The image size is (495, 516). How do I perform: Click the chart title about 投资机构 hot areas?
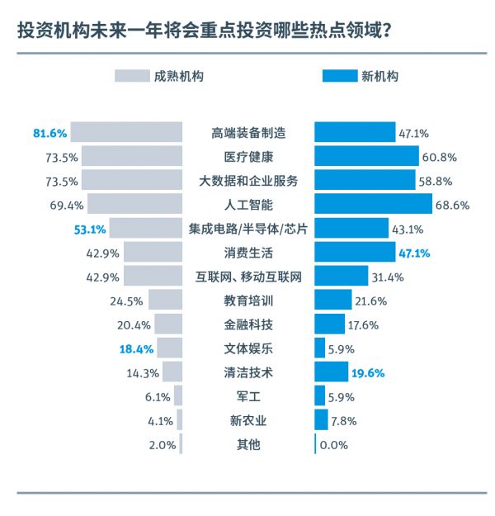(203, 31)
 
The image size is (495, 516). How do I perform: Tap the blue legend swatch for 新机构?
(338, 77)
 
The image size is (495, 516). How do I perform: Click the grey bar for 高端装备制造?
(126, 133)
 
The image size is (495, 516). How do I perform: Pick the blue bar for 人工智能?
(373, 204)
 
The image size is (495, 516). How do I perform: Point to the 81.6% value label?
(49, 133)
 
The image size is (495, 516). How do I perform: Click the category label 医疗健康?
(247, 157)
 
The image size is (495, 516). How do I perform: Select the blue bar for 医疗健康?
(366, 157)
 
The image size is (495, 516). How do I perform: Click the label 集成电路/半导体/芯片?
(247, 229)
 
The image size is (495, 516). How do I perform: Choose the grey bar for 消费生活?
(153, 253)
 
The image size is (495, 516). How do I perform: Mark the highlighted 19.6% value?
(367, 372)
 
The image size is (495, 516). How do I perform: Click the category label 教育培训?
(247, 301)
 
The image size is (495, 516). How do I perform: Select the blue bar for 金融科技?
(329, 324)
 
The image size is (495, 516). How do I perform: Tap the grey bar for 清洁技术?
(172, 372)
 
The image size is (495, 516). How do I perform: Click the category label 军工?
(247, 396)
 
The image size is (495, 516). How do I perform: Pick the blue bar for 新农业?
(321, 420)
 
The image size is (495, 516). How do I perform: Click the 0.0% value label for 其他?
(334, 445)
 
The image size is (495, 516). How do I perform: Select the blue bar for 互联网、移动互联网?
(341, 277)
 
